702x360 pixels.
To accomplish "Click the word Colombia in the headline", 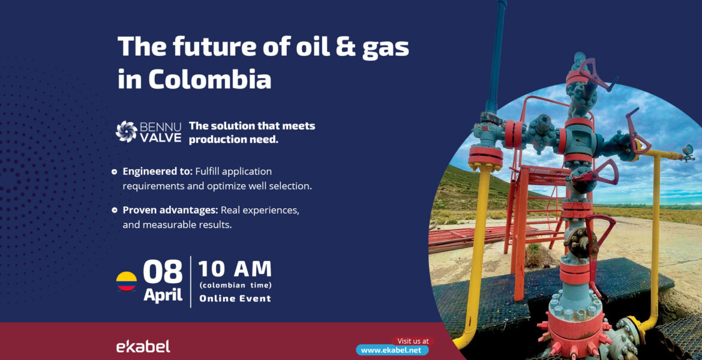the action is pos(209,79).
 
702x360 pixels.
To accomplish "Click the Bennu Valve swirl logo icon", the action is pos(126,131).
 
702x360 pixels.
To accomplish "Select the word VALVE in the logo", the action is pos(161,137).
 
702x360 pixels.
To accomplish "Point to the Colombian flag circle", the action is pos(126,281).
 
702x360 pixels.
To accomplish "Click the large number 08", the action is pos(163,272).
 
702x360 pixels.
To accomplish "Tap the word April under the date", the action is pos(163,295).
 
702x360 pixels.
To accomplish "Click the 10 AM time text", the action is pos(235,269).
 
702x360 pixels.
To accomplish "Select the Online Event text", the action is pos(235,298).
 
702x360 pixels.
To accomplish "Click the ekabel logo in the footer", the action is pos(143,346).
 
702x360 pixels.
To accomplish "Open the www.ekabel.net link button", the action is pos(392,350).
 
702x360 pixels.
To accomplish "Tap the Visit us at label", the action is pos(413,341).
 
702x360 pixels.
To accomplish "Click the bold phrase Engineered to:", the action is pos(158,172).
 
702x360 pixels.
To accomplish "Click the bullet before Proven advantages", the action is pos(114,209).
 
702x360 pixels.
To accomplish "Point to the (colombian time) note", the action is pos(235,285).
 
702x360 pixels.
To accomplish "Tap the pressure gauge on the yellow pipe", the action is pos(688,151).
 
